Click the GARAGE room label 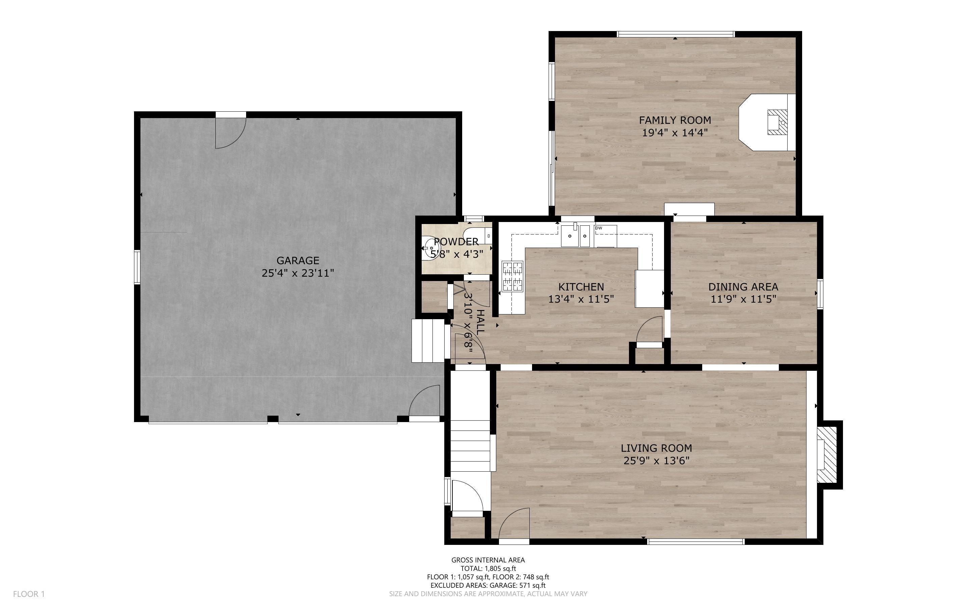tap(298, 260)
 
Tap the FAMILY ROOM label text tap(675, 120)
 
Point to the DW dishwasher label tap(599, 228)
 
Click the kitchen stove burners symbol tap(512, 276)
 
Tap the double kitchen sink tap(576, 236)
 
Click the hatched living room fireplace tap(828, 455)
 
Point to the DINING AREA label tap(743, 287)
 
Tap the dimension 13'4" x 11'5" tap(581, 299)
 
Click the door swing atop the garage tap(230, 132)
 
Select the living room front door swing tap(514, 523)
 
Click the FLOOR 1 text tap(29, 594)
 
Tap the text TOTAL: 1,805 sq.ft tap(488, 569)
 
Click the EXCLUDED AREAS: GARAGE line tap(488, 585)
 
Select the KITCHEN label tap(581, 287)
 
